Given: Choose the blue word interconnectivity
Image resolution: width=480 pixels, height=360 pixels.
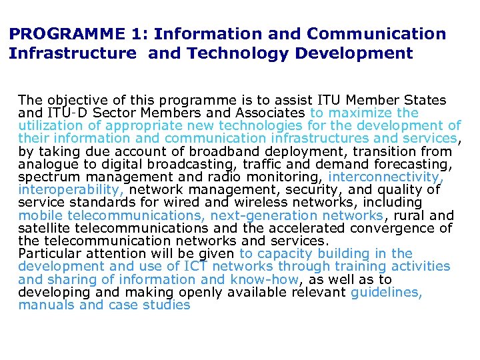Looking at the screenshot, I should point(386,177).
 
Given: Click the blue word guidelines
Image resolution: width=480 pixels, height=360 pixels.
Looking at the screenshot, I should point(387,292).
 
